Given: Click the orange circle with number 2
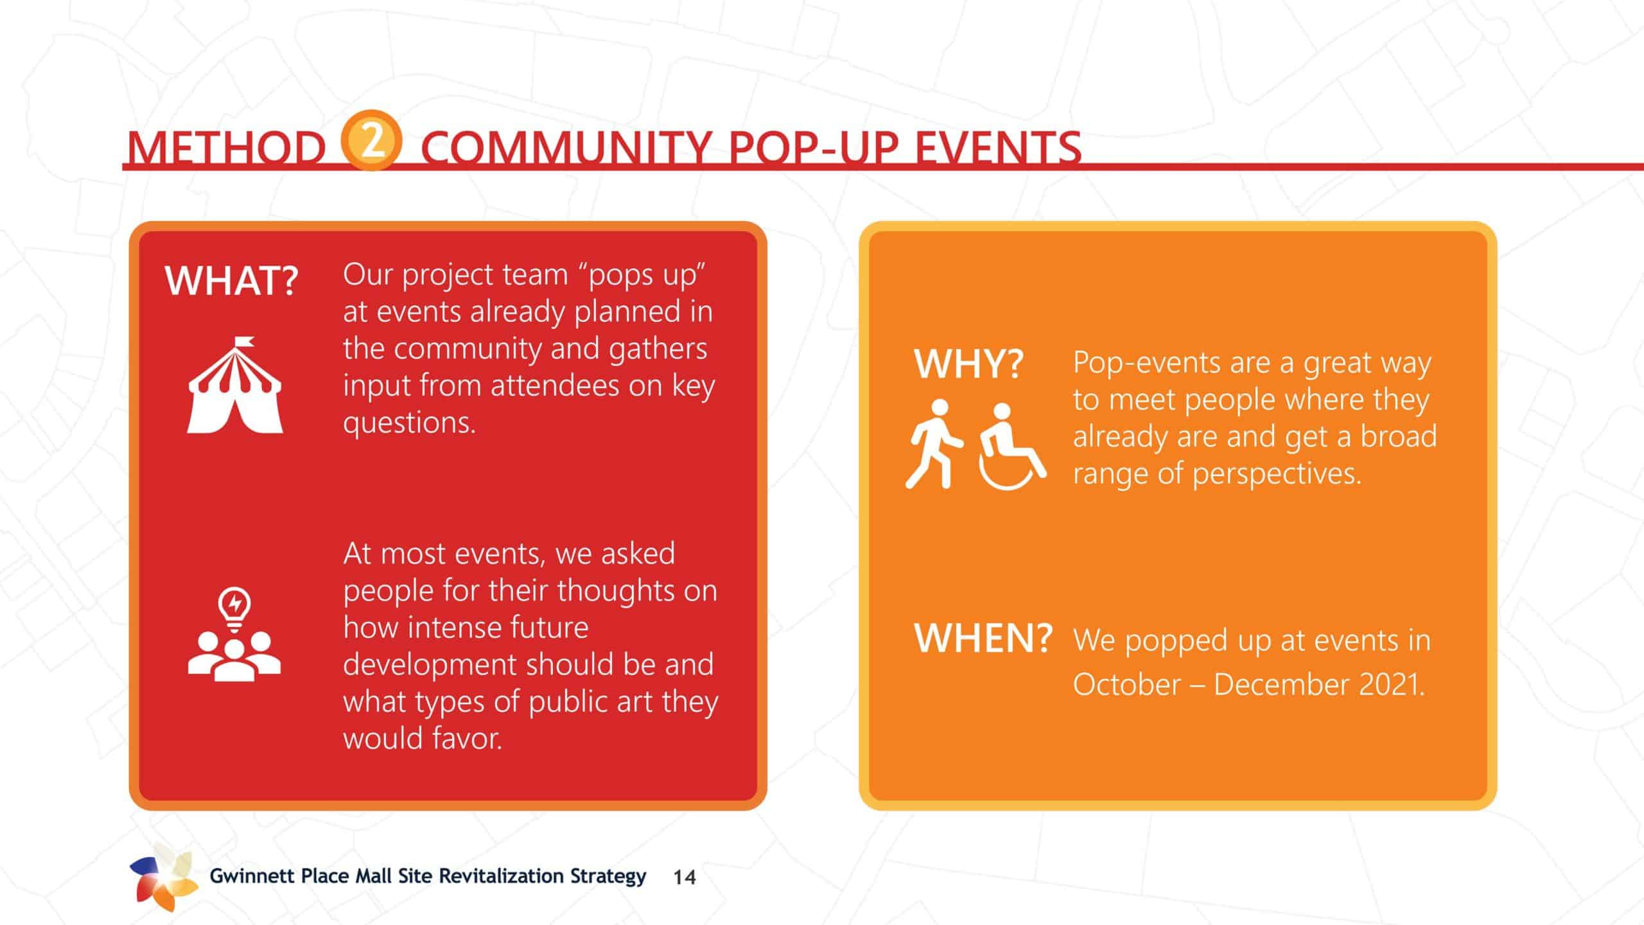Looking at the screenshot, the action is pos(372,140).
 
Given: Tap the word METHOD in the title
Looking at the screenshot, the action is pos(227,148).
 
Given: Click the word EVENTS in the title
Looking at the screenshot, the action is pos(998,148).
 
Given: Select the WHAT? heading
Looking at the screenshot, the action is pos(232,281).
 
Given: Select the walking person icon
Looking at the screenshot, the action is pos(934,444).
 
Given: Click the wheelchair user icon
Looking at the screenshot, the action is pos(1012,446).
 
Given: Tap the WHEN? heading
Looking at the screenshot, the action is pos(983,639).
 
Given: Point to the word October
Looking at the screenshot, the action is pos(1127,685).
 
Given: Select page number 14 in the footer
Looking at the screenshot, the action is pos(685,877).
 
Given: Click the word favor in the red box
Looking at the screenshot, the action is pos(466,738).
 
